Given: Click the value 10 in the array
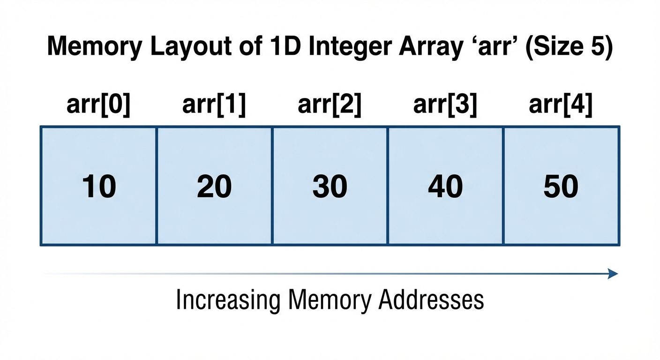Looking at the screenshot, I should point(99,187).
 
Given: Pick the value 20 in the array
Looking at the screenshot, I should point(214,187).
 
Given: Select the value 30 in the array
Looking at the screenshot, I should point(330,187).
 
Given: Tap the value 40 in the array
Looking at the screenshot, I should point(445,187).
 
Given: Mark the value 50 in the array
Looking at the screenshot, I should point(561,187).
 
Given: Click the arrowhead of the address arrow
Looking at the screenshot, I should point(613,274).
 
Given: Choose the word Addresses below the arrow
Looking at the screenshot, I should point(431,300).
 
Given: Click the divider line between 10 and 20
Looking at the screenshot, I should point(156,185).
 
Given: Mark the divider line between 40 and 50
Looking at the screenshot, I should point(503,185).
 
